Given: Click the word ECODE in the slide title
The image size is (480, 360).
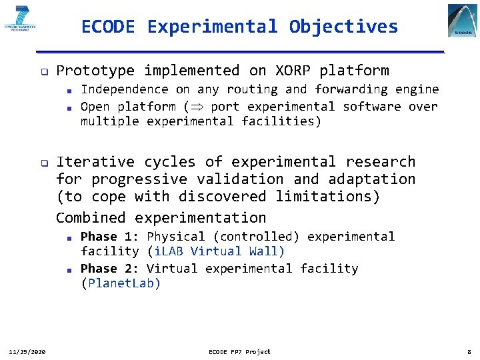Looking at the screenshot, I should [108, 27].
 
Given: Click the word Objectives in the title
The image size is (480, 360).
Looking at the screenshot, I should [343, 27].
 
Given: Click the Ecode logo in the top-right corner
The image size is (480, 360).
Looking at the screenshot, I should [462, 21].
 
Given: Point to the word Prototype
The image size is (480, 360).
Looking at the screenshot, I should [95, 71].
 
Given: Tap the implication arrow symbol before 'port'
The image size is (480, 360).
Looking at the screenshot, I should [197, 107].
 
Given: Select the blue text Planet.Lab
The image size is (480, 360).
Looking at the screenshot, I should [121, 283].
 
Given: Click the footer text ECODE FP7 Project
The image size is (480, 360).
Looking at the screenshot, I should [239, 351].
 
